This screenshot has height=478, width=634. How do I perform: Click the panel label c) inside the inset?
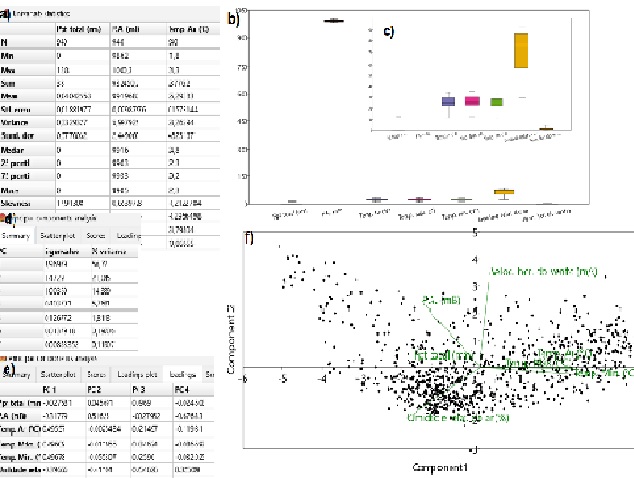tap(389, 30)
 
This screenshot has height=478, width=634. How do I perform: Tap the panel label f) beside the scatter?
tap(250, 239)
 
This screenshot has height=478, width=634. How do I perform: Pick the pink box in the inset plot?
tap(472, 101)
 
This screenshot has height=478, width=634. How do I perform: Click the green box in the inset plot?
tap(496, 101)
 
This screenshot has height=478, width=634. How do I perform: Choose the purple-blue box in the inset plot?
tap(448, 101)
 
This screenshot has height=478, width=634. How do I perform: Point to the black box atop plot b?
tap(334, 20)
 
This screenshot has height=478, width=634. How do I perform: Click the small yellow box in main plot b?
tap(504, 191)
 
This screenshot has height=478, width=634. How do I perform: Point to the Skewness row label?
tap(21, 175)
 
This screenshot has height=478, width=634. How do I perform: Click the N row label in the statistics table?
tap(6, 41)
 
